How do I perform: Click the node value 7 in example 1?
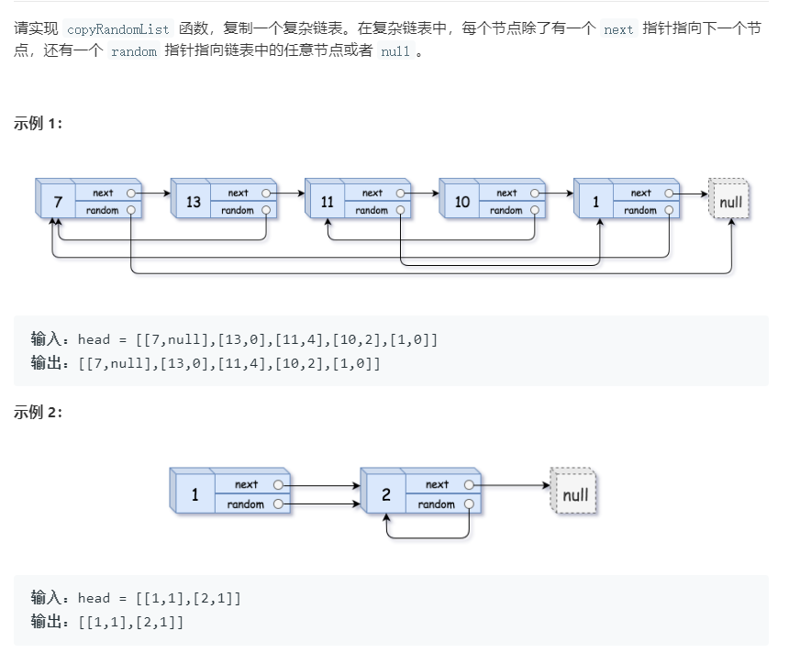[x=58, y=202]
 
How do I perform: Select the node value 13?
[x=193, y=202]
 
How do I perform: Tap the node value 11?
[x=328, y=202]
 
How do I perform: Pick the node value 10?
[x=461, y=202]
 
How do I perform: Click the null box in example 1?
[x=730, y=202]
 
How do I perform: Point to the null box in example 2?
[x=574, y=495]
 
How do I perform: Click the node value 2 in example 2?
[x=385, y=494]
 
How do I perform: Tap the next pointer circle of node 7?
[x=132, y=194]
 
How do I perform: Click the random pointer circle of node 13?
[x=266, y=210]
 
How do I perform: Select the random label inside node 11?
[x=372, y=210]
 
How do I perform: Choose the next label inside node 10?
[x=506, y=194]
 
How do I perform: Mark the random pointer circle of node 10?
[x=535, y=210]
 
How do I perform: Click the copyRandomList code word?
[x=119, y=28]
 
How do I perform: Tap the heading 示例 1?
[x=39, y=124]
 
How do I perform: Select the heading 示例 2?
[x=39, y=412]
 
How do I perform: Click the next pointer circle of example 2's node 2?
[x=470, y=484]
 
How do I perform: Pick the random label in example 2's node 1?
[x=245, y=504]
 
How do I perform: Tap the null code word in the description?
[x=394, y=52]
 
